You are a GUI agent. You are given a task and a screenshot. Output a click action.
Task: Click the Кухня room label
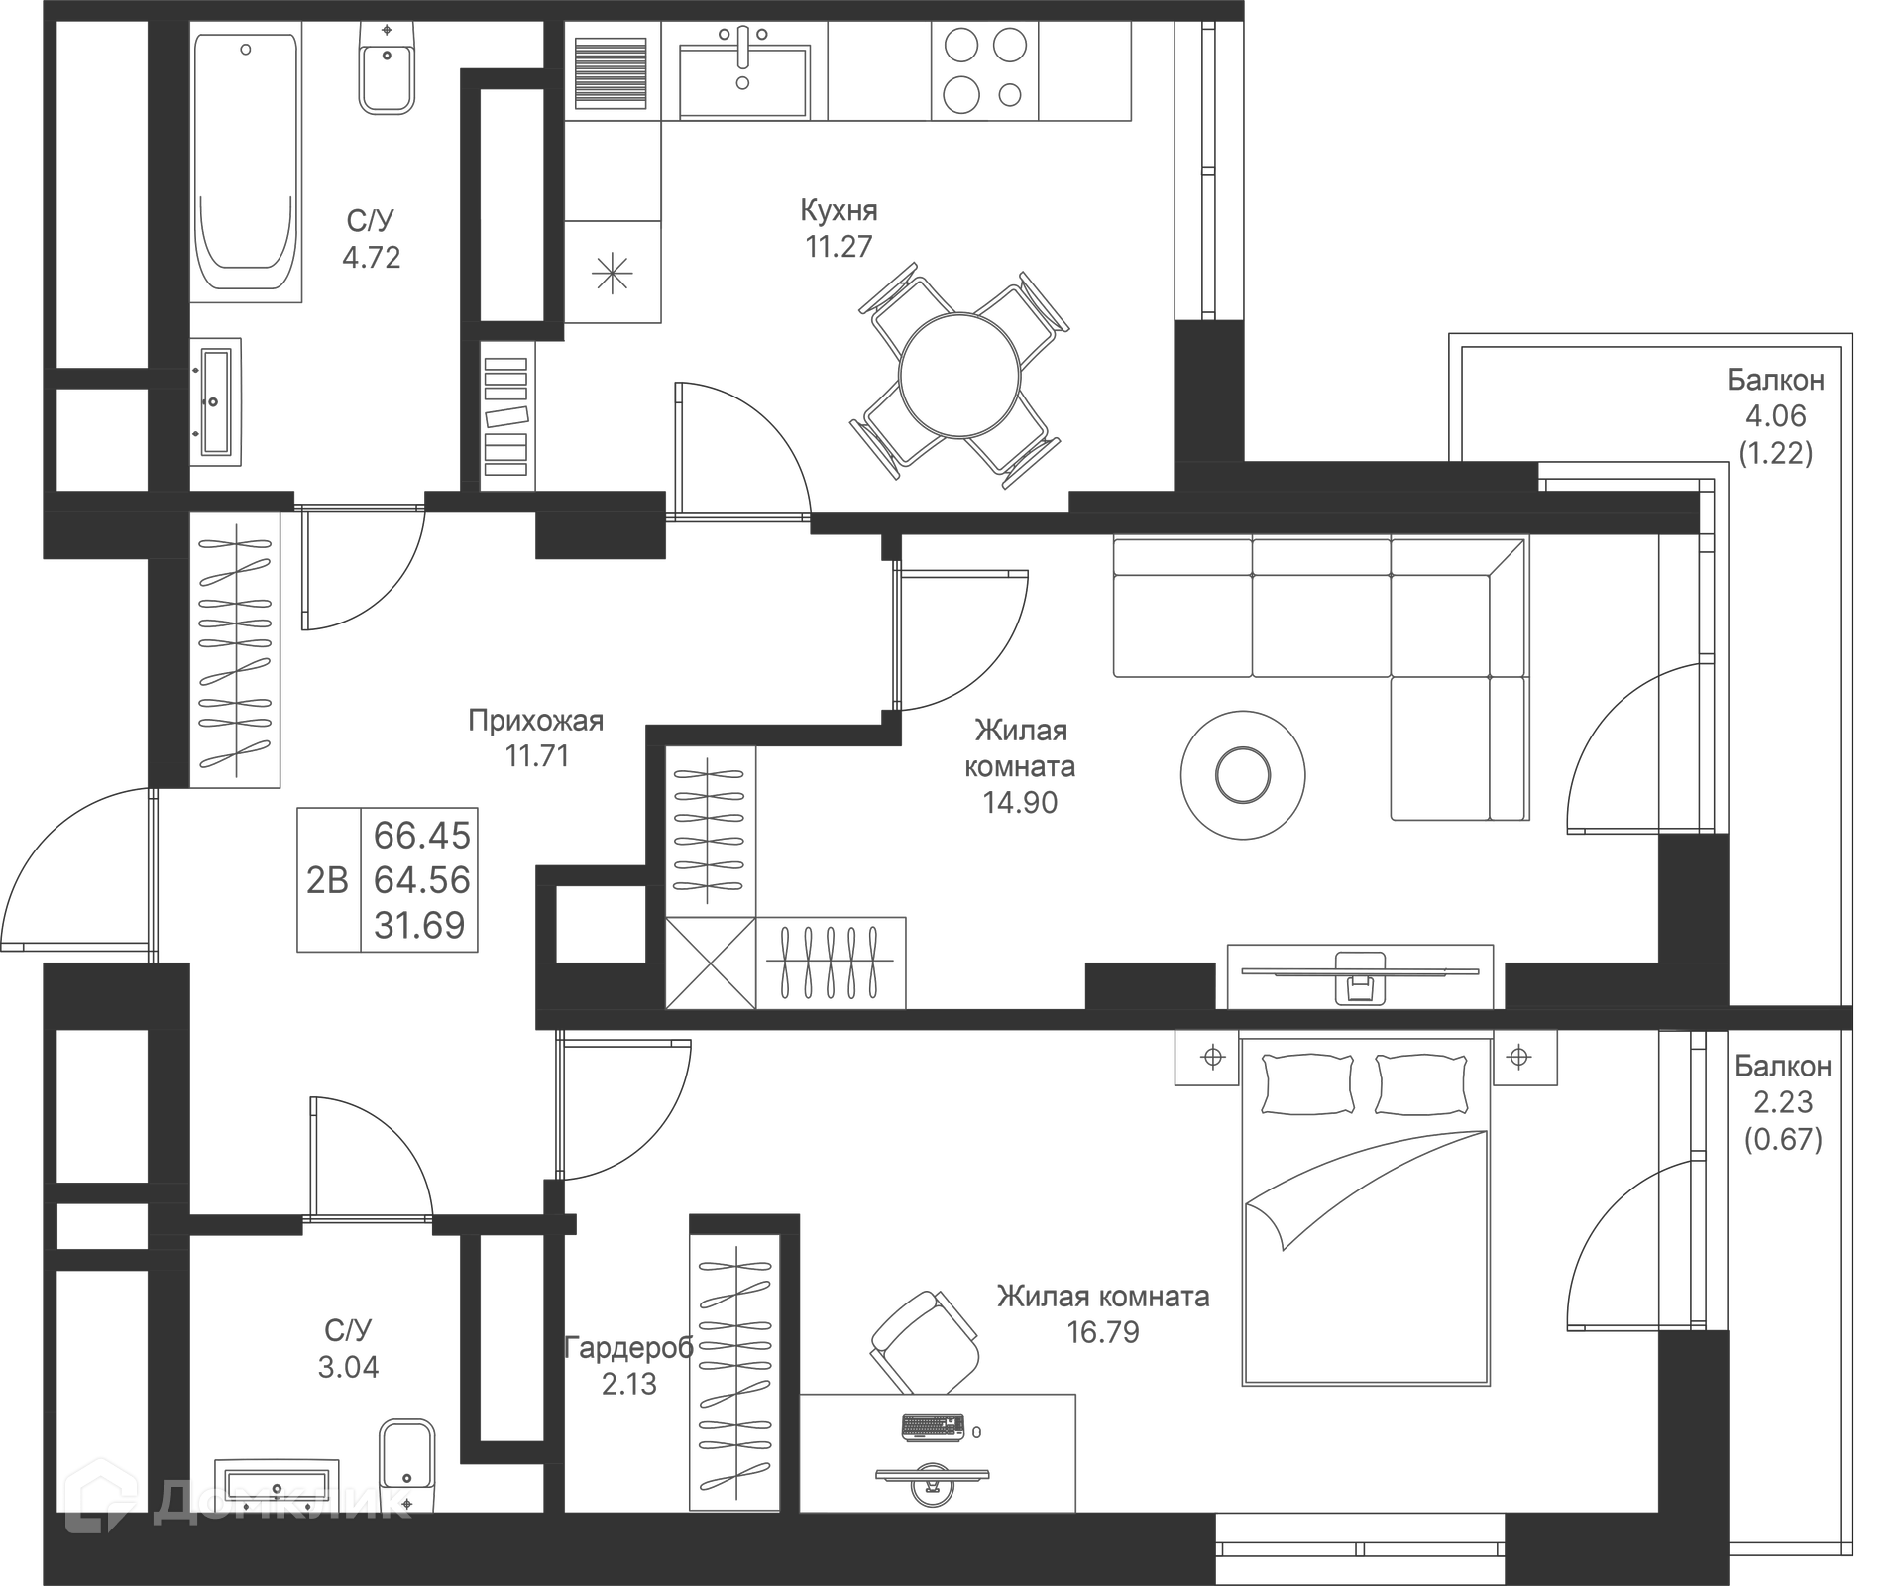click(x=839, y=211)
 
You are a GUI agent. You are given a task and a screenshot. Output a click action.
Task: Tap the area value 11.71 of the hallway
click(x=537, y=756)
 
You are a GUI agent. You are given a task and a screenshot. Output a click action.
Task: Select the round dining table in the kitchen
click(x=958, y=376)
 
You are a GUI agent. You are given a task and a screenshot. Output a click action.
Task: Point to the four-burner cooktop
click(x=984, y=70)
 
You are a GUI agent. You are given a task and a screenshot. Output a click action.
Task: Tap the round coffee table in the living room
click(x=1242, y=775)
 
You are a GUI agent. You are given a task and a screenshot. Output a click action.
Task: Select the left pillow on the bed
click(x=1307, y=1084)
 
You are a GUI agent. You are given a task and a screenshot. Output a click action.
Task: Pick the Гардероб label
click(x=628, y=1347)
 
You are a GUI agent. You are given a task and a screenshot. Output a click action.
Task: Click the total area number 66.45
click(x=421, y=836)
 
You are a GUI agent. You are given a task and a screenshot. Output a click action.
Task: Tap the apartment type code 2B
click(x=327, y=880)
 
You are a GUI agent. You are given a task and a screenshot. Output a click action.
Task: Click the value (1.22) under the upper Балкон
click(x=1775, y=453)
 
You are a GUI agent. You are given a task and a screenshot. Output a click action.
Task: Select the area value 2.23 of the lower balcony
click(x=1782, y=1102)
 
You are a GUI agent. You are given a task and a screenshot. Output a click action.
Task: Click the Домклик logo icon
click(x=100, y=1495)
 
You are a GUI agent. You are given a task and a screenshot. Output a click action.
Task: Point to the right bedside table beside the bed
click(x=1523, y=1058)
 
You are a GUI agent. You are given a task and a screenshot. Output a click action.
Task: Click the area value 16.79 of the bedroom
click(x=1102, y=1332)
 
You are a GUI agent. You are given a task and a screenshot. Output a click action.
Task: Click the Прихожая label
click(x=535, y=721)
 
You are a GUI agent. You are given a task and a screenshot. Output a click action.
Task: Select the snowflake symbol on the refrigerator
click(x=612, y=273)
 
